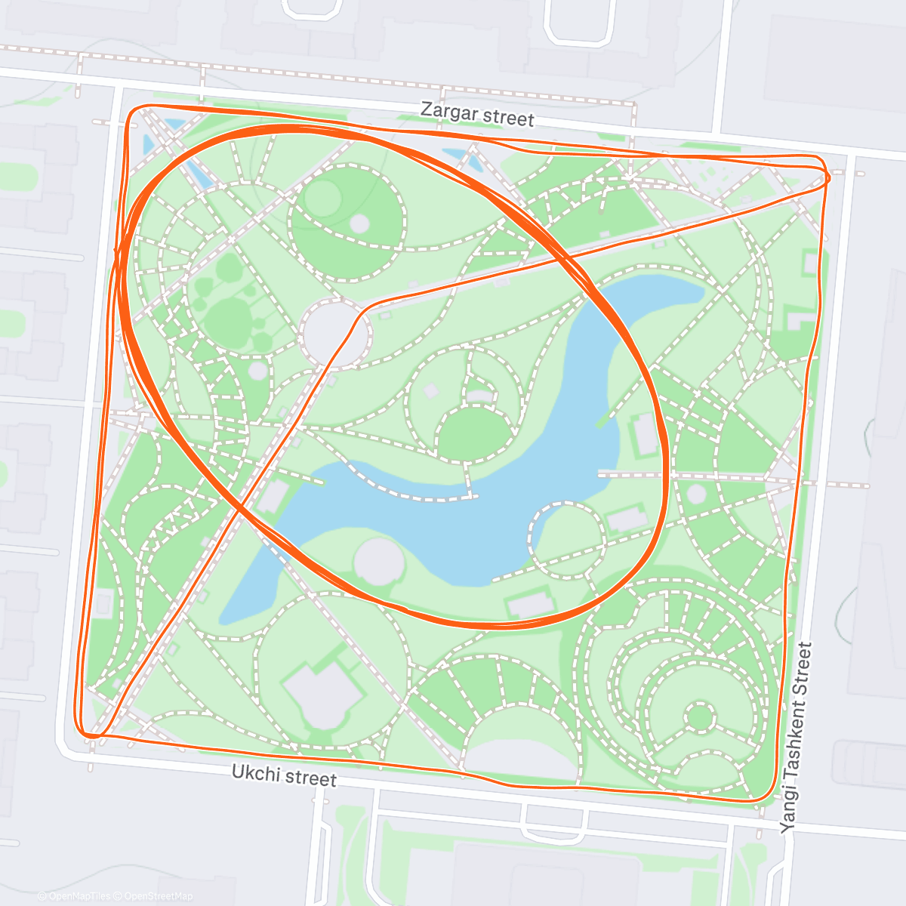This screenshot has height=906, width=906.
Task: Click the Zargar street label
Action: coord(477,115)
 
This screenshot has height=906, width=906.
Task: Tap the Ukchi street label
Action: coord(284,775)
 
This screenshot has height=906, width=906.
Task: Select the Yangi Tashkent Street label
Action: coord(797,737)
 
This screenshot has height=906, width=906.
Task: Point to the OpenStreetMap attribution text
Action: coord(158,896)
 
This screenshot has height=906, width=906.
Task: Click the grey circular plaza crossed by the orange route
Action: coord(334,333)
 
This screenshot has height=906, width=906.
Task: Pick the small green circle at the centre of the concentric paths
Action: coord(700,716)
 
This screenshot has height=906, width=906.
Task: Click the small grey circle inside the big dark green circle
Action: coord(359,223)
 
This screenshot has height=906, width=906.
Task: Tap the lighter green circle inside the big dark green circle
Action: coord(322,198)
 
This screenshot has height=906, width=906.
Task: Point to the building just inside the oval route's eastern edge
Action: coord(644,434)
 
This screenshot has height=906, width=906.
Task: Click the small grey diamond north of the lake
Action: coord(431,390)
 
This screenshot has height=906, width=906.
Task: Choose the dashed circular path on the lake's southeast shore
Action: coord(568,539)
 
